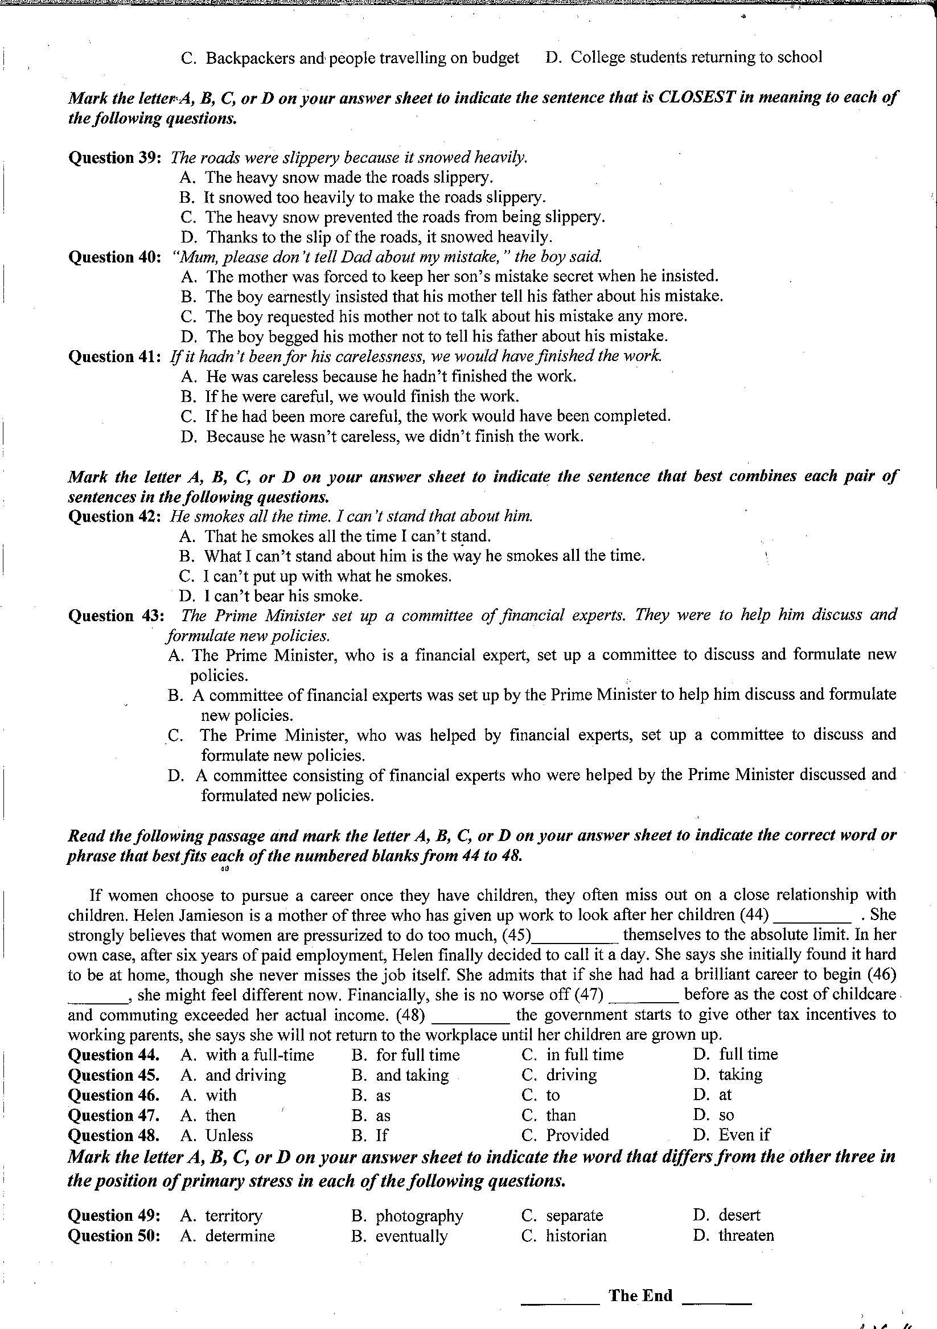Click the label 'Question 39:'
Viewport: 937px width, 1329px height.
[114, 158]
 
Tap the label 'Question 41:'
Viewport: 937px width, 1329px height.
[114, 356]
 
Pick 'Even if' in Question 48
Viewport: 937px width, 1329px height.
[744, 1134]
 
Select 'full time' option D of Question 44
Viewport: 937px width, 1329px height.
[748, 1055]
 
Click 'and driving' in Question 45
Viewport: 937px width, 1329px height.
[245, 1075]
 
